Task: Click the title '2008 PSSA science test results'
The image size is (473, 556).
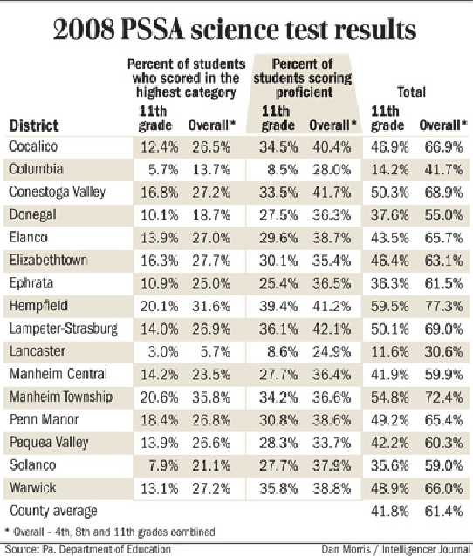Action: coord(236,31)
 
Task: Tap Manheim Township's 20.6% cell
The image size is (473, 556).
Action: coord(146,397)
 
